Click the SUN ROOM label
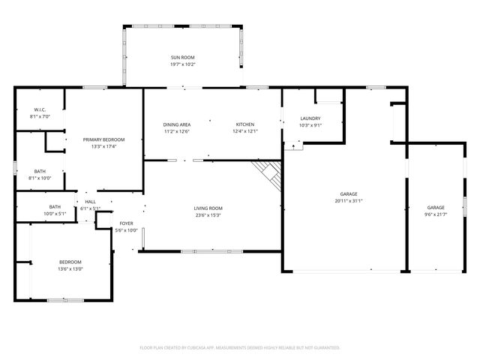click(x=182, y=57)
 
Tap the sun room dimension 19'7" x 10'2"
click(x=182, y=64)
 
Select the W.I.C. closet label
click(x=39, y=110)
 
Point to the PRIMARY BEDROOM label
click(x=103, y=139)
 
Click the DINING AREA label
click(x=177, y=124)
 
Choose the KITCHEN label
click(x=245, y=124)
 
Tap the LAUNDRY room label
click(x=310, y=118)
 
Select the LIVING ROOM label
click(x=208, y=208)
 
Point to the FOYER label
click(x=127, y=223)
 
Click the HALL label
click(x=90, y=202)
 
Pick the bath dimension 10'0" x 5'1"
click(x=55, y=214)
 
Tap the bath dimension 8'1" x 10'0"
click(x=39, y=178)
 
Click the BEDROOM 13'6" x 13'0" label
click(x=70, y=262)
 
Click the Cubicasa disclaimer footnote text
click(x=240, y=347)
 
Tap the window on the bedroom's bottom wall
click(x=66, y=300)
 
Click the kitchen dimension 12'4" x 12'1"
click(x=245, y=132)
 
